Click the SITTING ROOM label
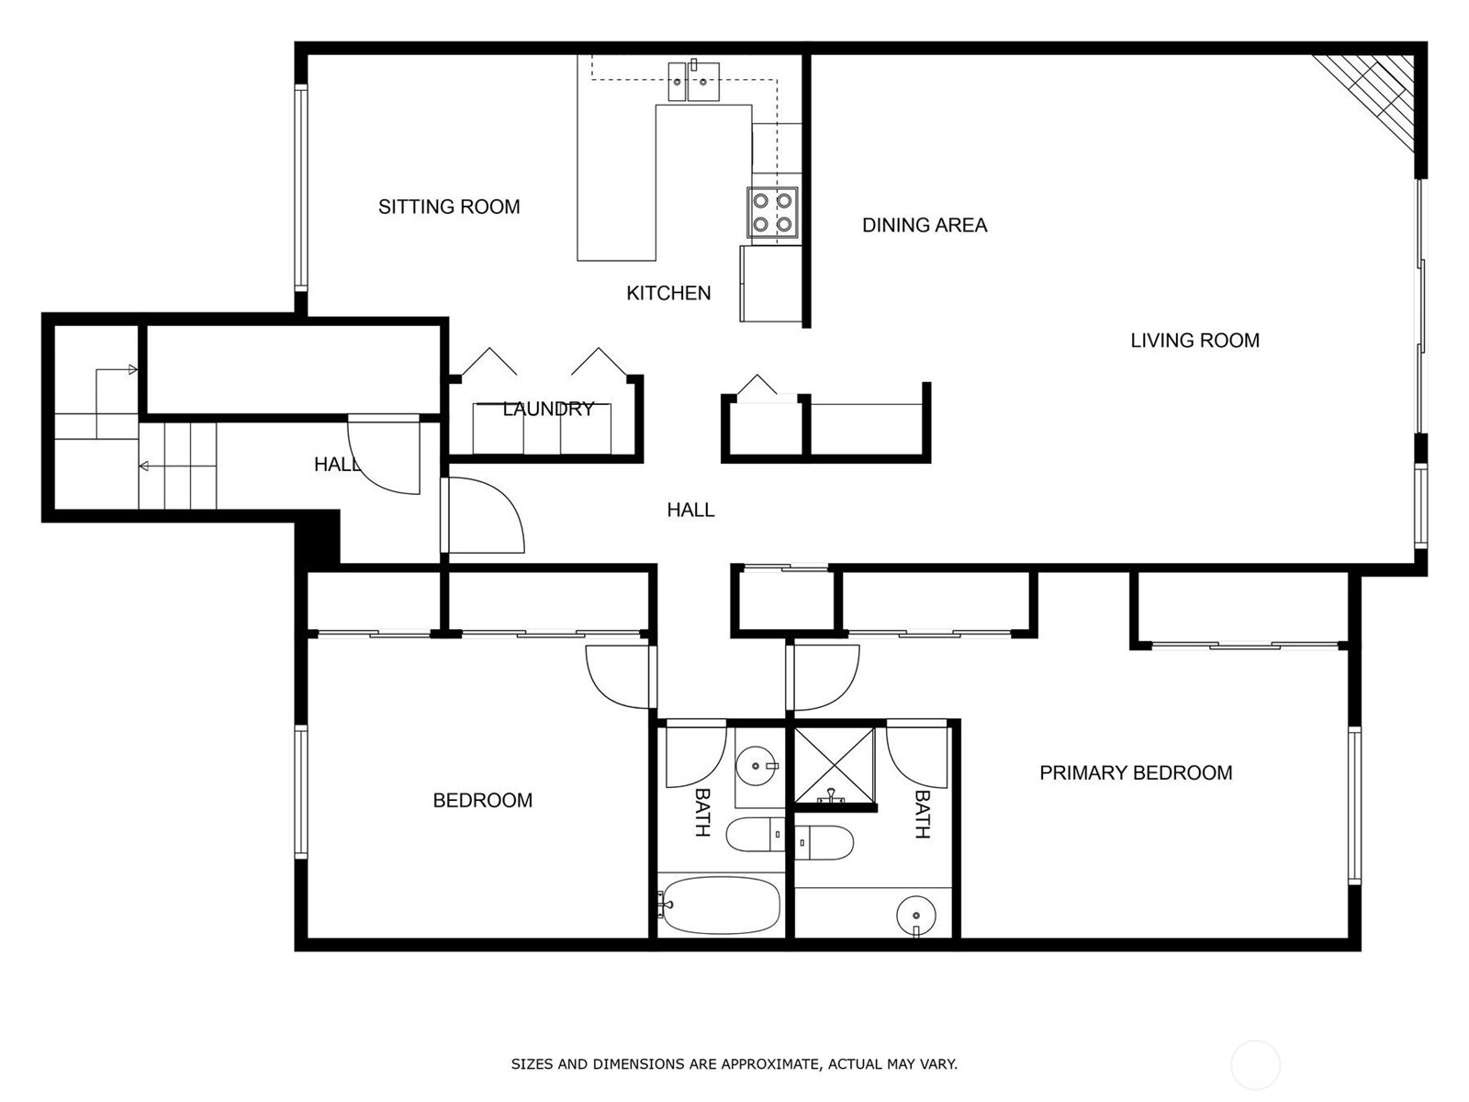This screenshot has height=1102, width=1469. pos(449,207)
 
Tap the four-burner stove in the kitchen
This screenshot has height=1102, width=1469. pos(771,212)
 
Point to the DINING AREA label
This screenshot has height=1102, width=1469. pos(924,225)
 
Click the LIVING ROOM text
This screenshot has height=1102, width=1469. pos(1194,341)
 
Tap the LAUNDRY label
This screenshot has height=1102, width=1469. pos(548,409)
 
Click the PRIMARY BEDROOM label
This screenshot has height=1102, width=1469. pos(1135,773)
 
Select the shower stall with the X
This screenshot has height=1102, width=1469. pos(834,764)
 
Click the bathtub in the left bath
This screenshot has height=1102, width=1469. pos(721,905)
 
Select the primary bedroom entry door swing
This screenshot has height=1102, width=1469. pos(824,678)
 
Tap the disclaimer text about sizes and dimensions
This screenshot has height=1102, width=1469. pos(734,1064)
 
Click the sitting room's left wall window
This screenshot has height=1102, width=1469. pos(299,187)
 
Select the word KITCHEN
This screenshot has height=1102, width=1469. pos(668,293)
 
